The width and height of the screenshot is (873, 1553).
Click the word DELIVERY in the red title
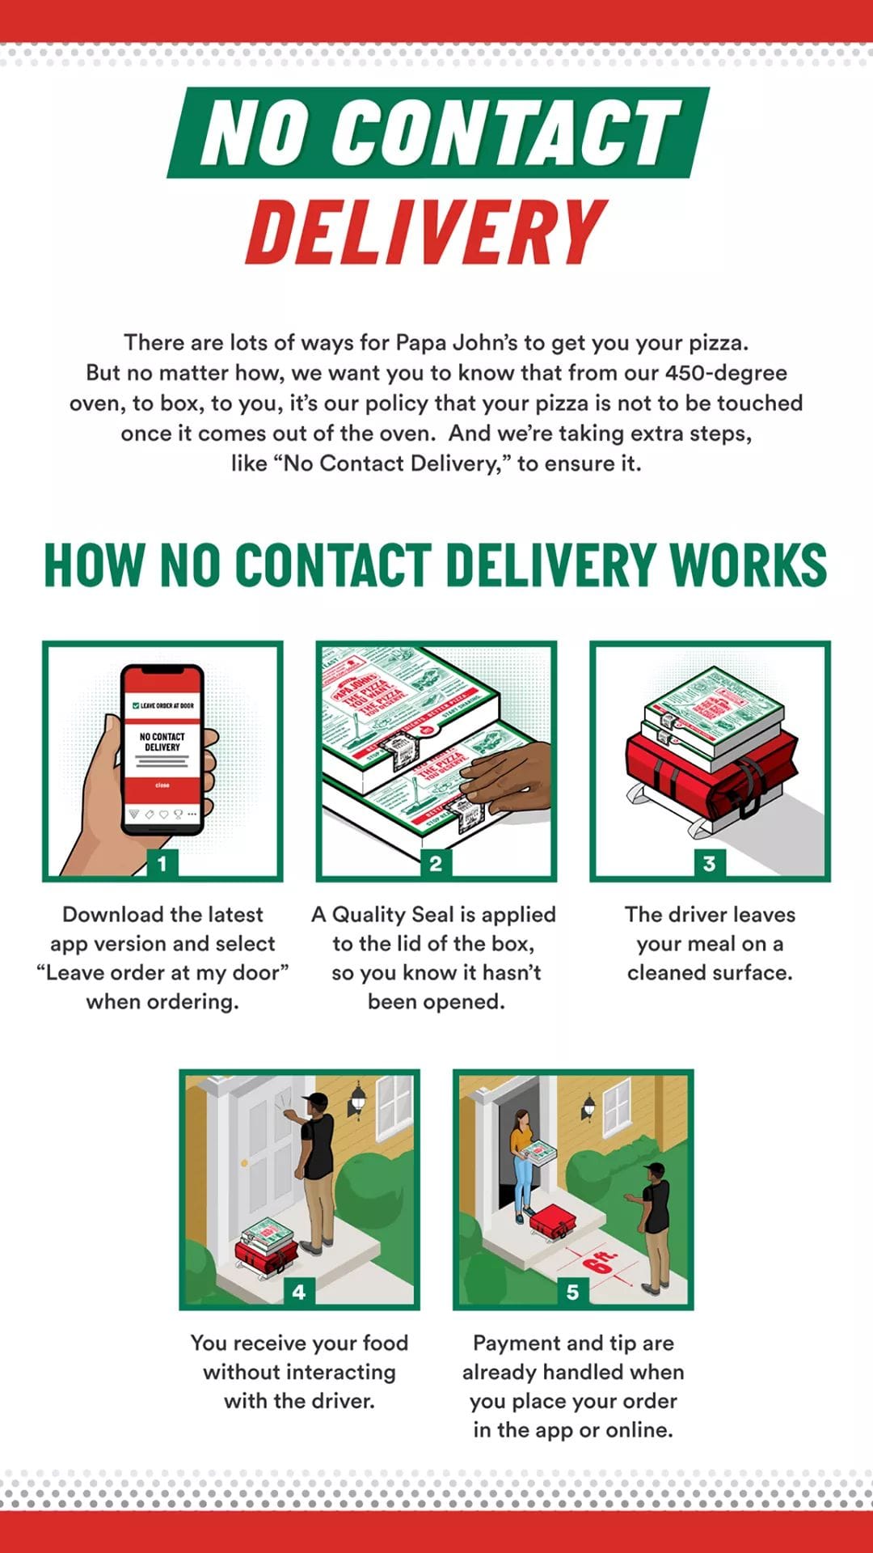tap(426, 233)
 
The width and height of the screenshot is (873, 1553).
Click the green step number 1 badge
tap(162, 863)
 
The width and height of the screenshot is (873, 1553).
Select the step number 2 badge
tap(436, 863)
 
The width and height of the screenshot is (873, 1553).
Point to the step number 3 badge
tap(709, 863)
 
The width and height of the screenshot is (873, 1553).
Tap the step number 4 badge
tap(299, 1292)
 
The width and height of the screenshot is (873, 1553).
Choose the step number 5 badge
tap(572, 1292)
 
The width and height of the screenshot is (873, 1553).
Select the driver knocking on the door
tap(317, 1165)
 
